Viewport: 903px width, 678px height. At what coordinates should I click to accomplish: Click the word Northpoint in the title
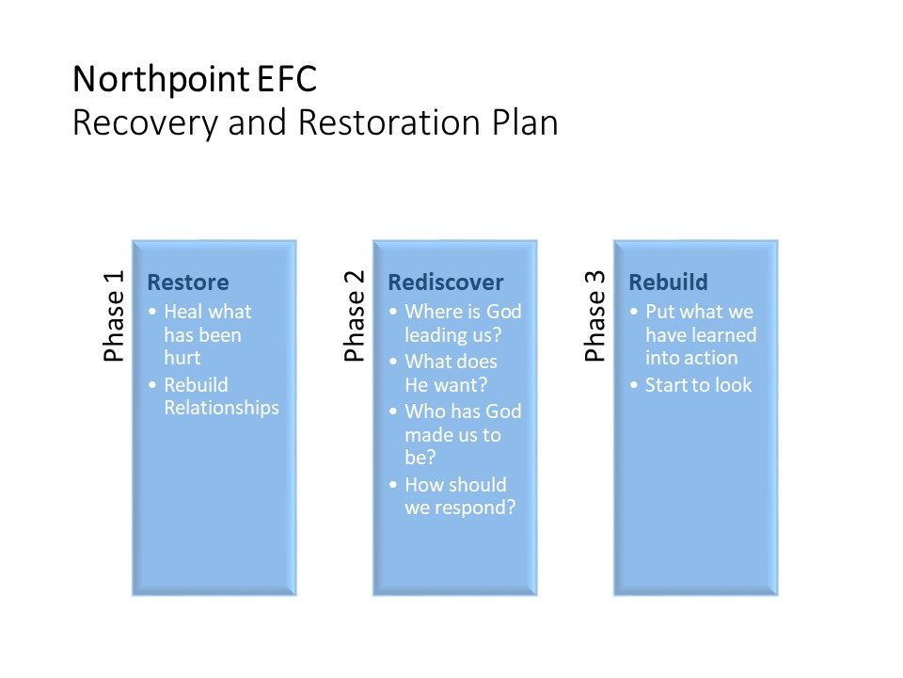(x=161, y=80)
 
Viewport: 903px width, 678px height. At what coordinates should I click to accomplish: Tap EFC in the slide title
(x=287, y=79)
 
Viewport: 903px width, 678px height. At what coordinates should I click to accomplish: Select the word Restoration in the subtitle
(x=389, y=122)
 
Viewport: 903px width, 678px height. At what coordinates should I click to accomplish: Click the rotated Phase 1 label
(x=114, y=316)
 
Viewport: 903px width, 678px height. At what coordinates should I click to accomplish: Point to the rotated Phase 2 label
(x=355, y=316)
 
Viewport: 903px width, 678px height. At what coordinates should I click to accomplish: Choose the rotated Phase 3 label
(x=594, y=316)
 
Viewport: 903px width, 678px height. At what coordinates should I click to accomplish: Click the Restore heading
(x=188, y=282)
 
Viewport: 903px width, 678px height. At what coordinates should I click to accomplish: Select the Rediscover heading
(x=446, y=282)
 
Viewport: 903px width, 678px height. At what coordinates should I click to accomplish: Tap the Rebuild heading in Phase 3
(x=668, y=282)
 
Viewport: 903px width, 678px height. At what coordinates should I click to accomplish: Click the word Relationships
(x=222, y=408)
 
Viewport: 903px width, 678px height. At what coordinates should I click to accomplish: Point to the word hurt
(x=182, y=358)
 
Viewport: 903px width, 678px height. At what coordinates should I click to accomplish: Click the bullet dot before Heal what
(x=152, y=312)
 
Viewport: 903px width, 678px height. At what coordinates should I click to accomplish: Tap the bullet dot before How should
(x=393, y=485)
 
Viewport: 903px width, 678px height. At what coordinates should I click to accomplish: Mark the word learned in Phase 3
(x=724, y=335)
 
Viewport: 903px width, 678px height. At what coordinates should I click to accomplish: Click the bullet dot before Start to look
(x=634, y=385)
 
